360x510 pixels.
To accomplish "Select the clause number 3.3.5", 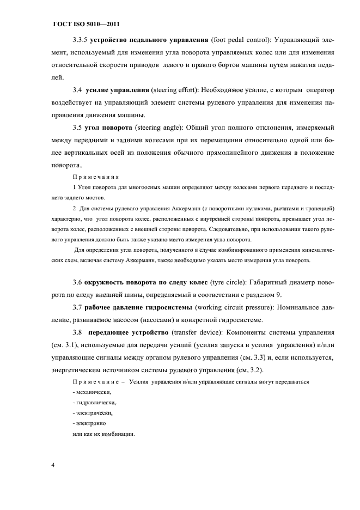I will point(81,41).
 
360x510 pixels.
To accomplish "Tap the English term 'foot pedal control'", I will point(240,41).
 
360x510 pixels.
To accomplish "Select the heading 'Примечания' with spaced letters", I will point(96,177).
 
